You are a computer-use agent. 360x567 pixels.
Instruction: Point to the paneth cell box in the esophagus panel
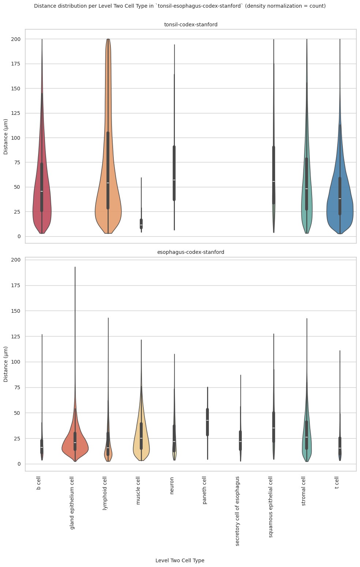click(207, 417)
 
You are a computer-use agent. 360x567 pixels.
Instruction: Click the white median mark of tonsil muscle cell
click(141, 225)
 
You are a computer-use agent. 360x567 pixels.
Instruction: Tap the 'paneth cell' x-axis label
click(205, 490)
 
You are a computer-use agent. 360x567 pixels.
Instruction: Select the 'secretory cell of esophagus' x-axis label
click(237, 511)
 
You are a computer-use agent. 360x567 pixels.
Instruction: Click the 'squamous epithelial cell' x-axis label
click(271, 507)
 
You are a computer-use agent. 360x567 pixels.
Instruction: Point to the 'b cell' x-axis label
click(39, 483)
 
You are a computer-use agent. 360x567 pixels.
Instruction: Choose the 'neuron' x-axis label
click(172, 485)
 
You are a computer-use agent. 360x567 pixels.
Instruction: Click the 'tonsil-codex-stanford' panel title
click(191, 25)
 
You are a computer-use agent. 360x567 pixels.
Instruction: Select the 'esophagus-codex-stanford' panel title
click(191, 252)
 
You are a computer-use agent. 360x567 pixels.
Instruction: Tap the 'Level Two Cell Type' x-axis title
click(180, 560)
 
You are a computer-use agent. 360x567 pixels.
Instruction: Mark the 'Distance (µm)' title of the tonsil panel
click(6, 136)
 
